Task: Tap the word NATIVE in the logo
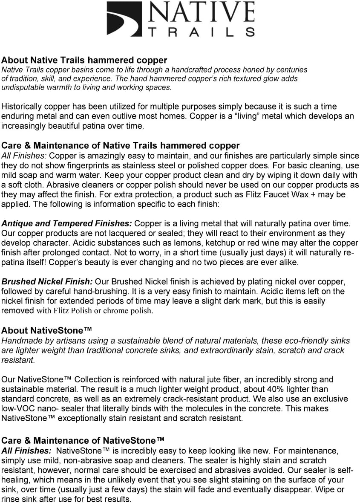pos(201,13)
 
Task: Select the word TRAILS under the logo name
pos(201,32)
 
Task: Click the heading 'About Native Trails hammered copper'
pos(84,60)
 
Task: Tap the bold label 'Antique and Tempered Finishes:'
pos(67,224)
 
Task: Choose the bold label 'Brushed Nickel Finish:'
pos(47,282)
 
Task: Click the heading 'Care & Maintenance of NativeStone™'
pos(83,440)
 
